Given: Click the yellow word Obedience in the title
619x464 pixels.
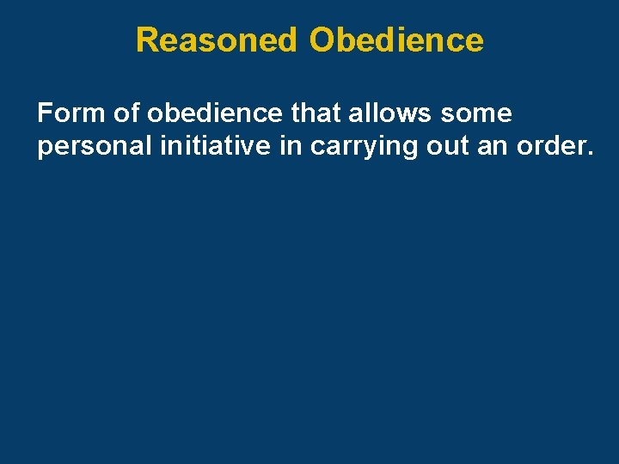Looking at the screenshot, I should tap(396, 40).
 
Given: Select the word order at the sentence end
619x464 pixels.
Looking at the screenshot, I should tap(550, 147).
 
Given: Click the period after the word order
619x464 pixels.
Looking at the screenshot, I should tap(590, 155).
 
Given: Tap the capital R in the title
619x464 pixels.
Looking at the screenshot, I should tap(147, 40).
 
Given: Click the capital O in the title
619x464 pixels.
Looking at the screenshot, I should tap(322, 40).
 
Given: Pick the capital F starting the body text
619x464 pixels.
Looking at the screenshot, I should tap(44, 113).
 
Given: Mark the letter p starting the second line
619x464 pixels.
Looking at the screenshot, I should tap(44, 149).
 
